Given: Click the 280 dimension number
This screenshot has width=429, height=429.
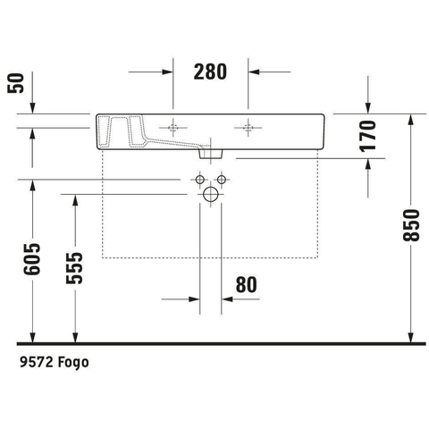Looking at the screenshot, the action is tap(210, 71).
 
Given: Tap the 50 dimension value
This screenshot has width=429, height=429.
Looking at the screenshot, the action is tap(16, 83).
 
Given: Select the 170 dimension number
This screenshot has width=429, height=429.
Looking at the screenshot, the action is tap(368, 136).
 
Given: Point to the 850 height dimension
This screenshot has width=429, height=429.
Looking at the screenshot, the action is tap(411, 225).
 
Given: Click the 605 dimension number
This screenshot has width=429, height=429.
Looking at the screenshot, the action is tap(32, 259).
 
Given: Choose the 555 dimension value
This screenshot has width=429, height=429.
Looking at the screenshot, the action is tap(74, 268).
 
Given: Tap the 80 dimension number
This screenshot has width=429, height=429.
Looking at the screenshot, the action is tap(246, 285).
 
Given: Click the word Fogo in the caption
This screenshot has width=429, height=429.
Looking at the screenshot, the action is tap(73, 363).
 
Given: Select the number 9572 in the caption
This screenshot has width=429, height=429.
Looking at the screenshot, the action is tap(37, 362).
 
